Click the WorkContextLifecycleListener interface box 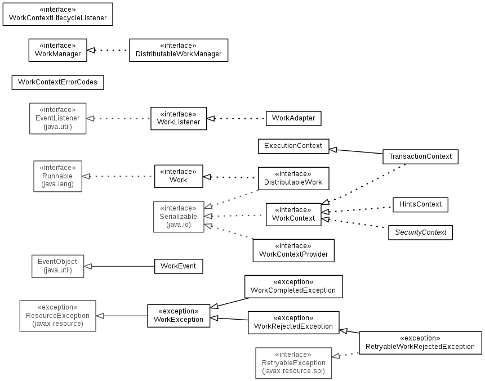(x=58, y=14)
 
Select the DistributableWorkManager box (x=179, y=50)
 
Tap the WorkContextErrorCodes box (x=58, y=83)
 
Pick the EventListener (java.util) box (x=58, y=118)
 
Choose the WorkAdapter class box (x=293, y=118)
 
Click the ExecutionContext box (x=293, y=146)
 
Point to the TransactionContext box (x=420, y=156)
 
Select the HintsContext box (x=420, y=204)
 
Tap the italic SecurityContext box (x=420, y=232)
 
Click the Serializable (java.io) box (x=179, y=217)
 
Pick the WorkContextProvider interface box (x=293, y=250)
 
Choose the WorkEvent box (x=179, y=266)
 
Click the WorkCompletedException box (x=293, y=286)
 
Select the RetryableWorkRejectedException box (x=420, y=343)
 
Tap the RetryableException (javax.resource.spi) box (x=293, y=363)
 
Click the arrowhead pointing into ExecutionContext (x=333, y=150)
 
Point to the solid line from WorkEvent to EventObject (x=119, y=266)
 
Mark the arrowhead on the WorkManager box (x=91, y=50)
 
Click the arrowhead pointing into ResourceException (x=100, y=316)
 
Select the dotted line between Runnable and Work (x=118, y=177)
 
